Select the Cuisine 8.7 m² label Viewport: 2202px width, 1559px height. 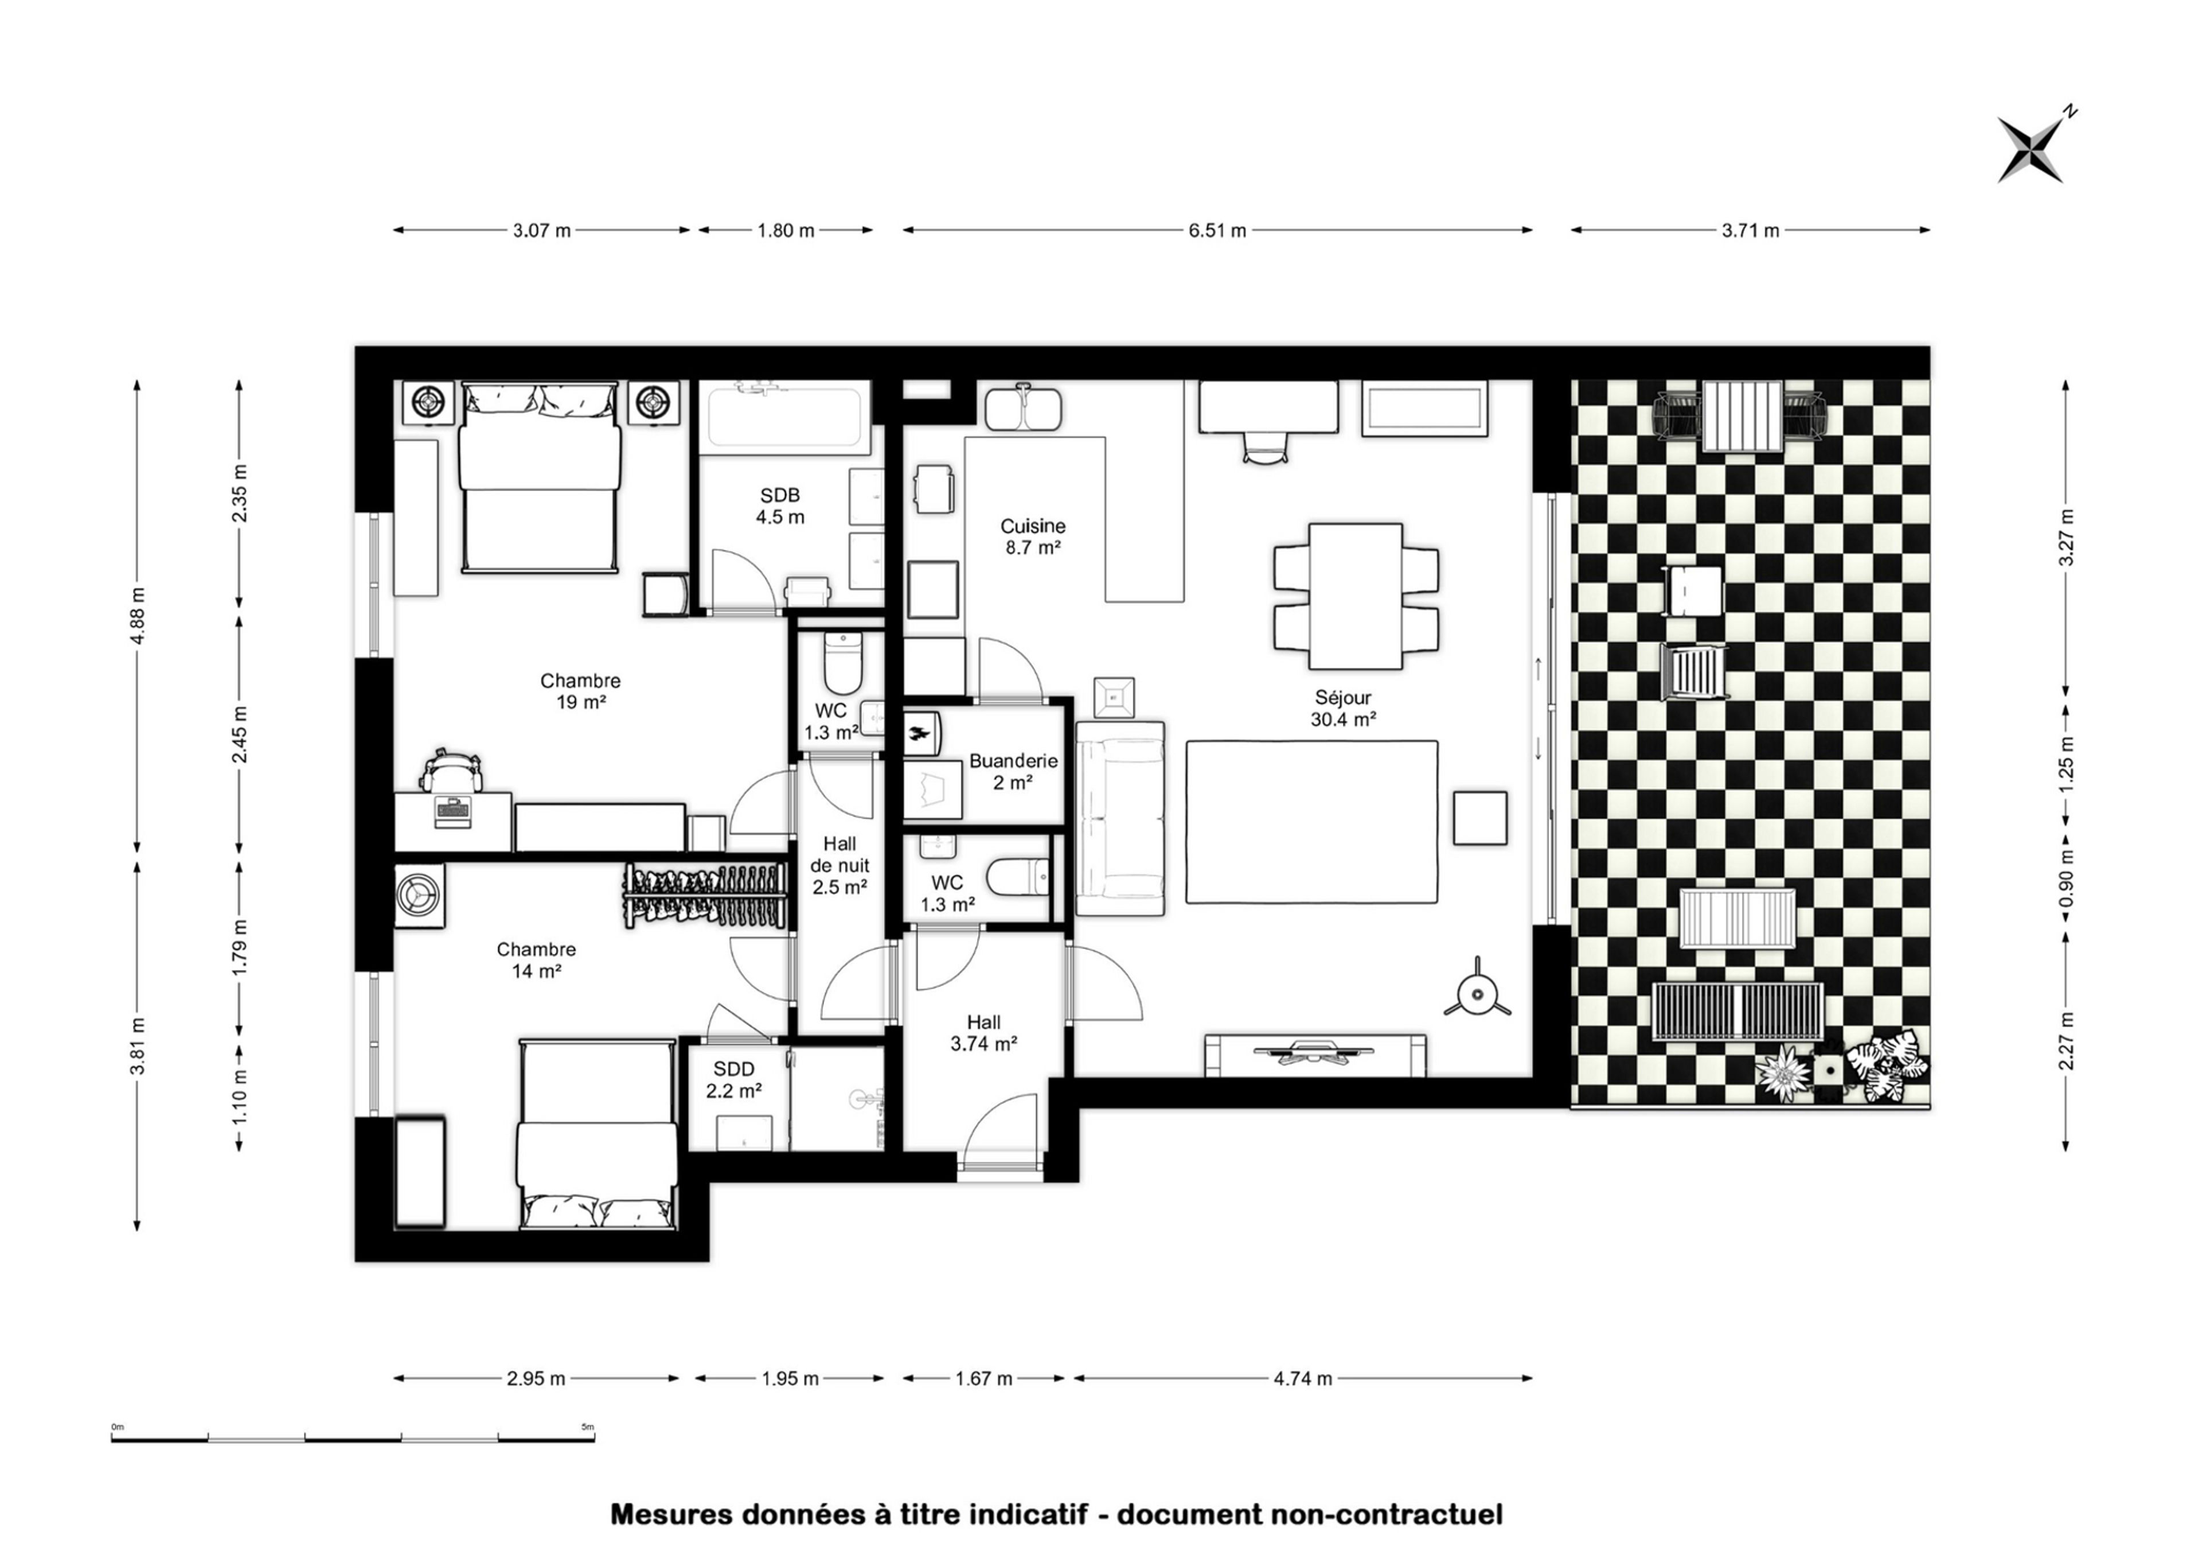pos(1032,536)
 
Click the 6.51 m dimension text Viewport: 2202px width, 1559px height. pos(1217,231)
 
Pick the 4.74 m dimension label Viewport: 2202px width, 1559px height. pos(1302,1378)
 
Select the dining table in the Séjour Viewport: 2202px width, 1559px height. pos(1356,595)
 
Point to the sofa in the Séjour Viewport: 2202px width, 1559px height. pos(1120,818)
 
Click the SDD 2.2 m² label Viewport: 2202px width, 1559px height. pos(734,1079)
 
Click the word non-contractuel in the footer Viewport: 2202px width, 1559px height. pos(1387,1514)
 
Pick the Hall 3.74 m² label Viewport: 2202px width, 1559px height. pos(983,1033)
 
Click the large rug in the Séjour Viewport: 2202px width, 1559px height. pos(1311,822)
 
